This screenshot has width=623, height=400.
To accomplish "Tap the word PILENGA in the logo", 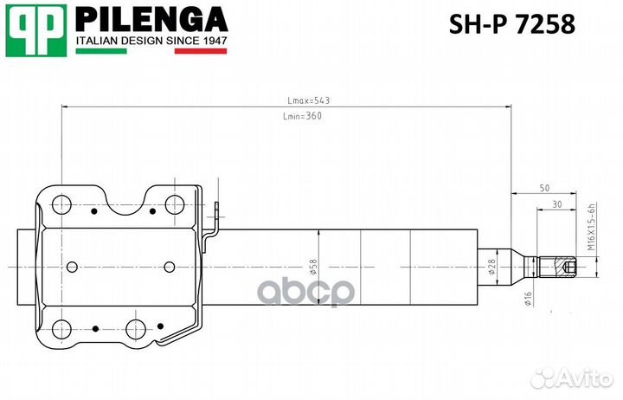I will (152, 19).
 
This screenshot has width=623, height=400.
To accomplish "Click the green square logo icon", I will (35, 31).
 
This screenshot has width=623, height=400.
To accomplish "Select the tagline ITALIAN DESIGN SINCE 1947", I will (151, 40).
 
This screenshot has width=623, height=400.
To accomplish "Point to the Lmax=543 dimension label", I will (308, 100).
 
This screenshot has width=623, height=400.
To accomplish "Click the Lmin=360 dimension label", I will (302, 117).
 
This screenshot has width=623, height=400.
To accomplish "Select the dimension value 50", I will (544, 188).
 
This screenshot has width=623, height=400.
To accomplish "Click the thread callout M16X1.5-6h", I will (593, 227).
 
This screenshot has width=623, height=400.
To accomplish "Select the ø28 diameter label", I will (491, 268).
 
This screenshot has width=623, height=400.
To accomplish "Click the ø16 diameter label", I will (527, 300).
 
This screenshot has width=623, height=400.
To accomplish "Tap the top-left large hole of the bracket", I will (61, 205).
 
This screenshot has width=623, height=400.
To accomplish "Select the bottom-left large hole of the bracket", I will (61, 329).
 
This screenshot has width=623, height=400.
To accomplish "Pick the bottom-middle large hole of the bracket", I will (135, 329).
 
